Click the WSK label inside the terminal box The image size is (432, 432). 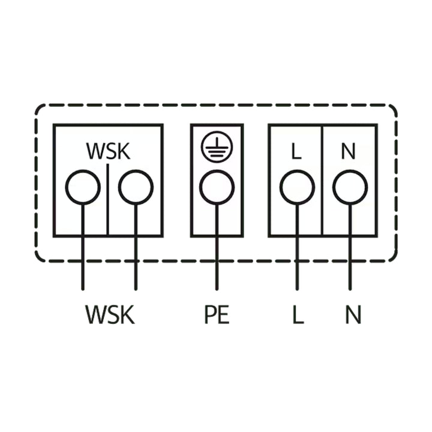pyautogui.click(x=108, y=151)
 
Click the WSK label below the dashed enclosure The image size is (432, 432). pyautogui.click(x=110, y=314)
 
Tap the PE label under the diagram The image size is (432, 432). pyautogui.click(x=217, y=314)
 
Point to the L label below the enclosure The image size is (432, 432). pyautogui.click(x=298, y=314)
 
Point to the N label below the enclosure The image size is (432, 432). pyautogui.click(x=353, y=314)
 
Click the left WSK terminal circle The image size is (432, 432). pyautogui.click(x=83, y=187)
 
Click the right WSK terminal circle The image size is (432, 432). pyautogui.click(x=136, y=187)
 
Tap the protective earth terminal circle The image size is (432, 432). pyautogui.click(x=217, y=187)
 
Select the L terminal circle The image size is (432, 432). pyautogui.click(x=297, y=187)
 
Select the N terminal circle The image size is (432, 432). pyautogui.click(x=350, y=187)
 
